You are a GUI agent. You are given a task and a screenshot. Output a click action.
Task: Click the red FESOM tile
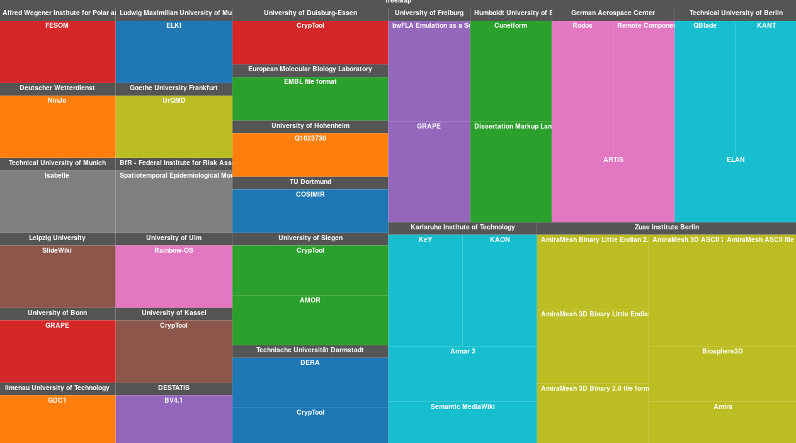pos(57,52)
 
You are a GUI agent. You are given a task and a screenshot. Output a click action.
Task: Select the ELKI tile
pos(174,52)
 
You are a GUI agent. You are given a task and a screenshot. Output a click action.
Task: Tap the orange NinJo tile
pos(57,127)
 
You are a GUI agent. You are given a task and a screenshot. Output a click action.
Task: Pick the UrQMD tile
pos(174,127)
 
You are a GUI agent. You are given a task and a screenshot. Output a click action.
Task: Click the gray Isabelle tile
pos(57,202)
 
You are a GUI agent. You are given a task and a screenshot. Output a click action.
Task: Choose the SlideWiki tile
pos(57,277)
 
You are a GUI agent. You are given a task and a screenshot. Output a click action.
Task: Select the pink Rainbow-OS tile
pos(174,277)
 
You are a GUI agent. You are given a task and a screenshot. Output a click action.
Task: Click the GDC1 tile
pos(57,419)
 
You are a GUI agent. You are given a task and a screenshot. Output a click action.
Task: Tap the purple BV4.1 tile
pos(174,419)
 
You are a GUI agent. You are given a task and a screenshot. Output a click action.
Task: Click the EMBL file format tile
pos(310,99)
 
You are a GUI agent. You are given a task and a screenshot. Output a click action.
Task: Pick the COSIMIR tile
pos(310,211)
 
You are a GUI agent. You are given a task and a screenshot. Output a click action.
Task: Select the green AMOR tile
pos(310,320)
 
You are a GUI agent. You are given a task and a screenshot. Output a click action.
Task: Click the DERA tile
pos(310,383)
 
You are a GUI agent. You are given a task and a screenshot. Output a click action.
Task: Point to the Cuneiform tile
pos(511,71)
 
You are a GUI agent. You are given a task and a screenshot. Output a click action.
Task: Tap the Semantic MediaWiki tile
pos(462,422)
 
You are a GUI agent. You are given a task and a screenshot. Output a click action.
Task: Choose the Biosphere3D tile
pos(722,374)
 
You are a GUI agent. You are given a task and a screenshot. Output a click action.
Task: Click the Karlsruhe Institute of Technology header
pos(462,227)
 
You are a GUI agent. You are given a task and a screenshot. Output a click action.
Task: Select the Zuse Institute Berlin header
pos(666,227)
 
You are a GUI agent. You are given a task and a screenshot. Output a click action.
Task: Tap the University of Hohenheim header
pos(310,126)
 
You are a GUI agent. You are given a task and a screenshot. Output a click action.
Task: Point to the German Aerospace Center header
pos(613,13)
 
